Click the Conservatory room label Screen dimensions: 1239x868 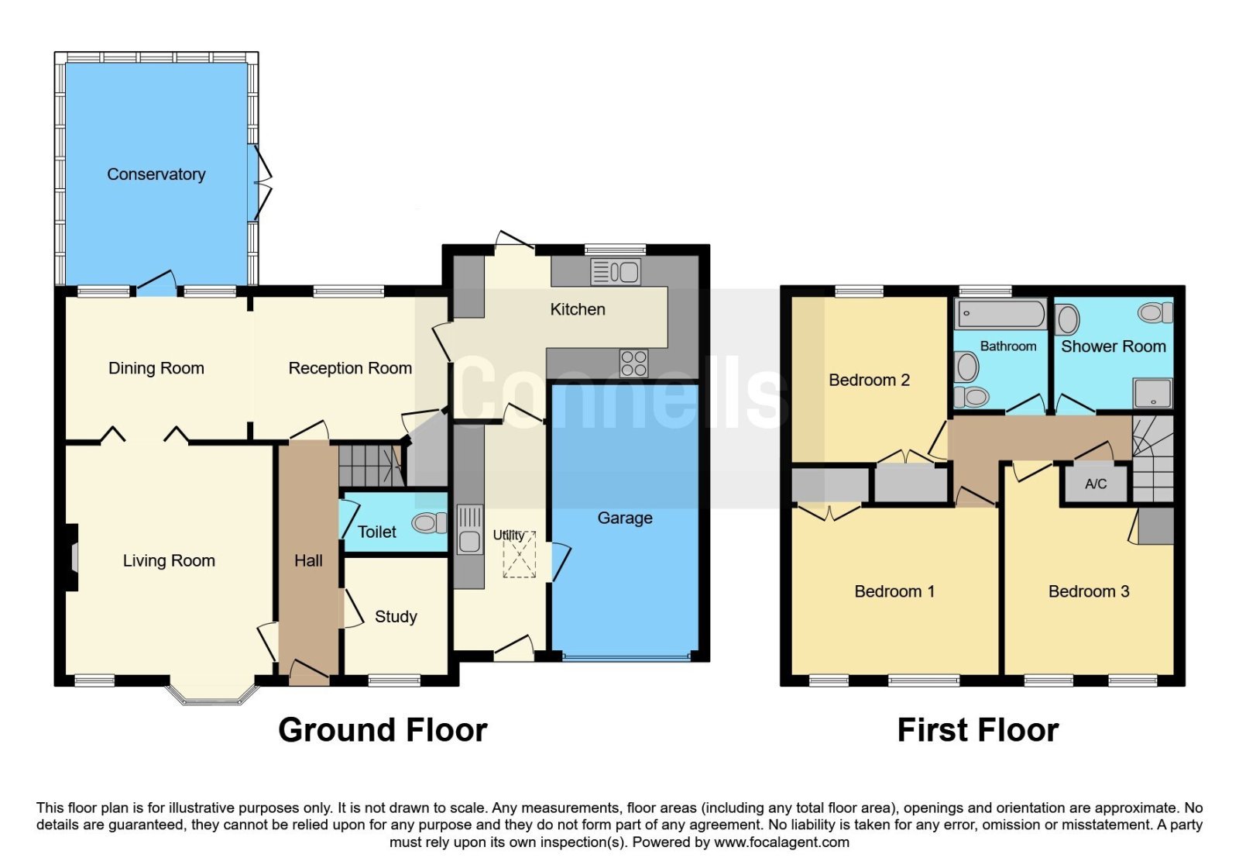[x=156, y=174]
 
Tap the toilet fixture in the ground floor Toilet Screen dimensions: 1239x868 [x=429, y=522]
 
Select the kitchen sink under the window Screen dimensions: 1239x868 [x=616, y=272]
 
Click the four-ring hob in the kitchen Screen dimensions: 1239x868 [x=634, y=363]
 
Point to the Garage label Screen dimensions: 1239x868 [x=624, y=518]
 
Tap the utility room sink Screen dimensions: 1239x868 [x=469, y=530]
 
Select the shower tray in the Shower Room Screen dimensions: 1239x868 [x=1153, y=392]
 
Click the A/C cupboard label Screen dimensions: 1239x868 [x=1096, y=484]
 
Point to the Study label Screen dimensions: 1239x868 [x=396, y=617]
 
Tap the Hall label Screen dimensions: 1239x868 [x=308, y=561]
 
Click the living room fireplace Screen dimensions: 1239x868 [x=71, y=556]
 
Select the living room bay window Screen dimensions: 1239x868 [x=212, y=694]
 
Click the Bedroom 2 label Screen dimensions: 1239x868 [x=869, y=381]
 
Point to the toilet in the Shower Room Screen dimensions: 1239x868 [x=1155, y=313]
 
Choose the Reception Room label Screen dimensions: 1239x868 [x=350, y=368]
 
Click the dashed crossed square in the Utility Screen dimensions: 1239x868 [x=519, y=555]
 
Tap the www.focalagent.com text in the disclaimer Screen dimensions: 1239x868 [x=781, y=842]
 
